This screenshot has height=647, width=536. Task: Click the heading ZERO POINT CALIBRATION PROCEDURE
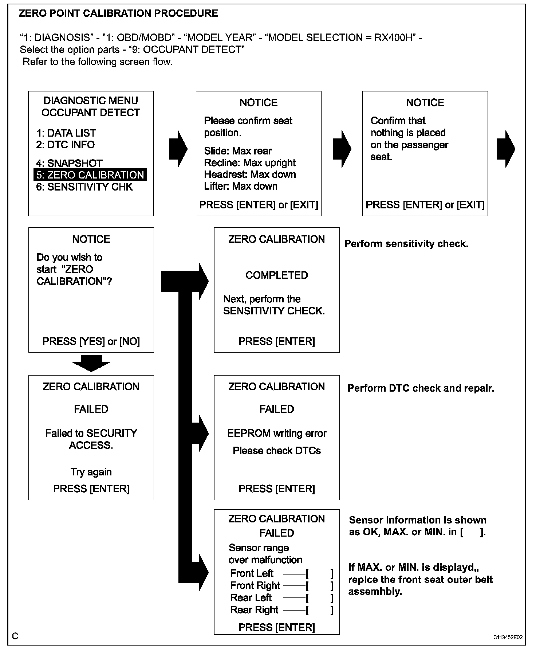[118, 14]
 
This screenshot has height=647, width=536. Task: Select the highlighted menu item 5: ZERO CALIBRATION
[90, 175]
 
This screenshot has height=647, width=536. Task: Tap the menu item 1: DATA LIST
[66, 133]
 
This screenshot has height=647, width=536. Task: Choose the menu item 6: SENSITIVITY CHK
[84, 187]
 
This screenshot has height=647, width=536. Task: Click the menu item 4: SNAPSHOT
[69, 163]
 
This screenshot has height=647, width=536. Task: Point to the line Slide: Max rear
[237, 151]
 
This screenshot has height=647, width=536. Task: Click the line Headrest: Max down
[250, 175]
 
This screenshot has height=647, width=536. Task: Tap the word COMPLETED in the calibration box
[276, 275]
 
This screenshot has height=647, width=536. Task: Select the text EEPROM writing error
[277, 433]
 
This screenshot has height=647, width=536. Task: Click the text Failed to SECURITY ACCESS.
[91, 439]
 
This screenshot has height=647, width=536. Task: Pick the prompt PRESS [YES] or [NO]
[91, 341]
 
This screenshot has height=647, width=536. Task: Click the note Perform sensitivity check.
[406, 244]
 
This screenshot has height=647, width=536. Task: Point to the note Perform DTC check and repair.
[421, 388]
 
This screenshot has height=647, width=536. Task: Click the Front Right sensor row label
[255, 585]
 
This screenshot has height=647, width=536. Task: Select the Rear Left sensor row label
[251, 597]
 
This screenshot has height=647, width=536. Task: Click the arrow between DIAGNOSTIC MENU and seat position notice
[178, 149]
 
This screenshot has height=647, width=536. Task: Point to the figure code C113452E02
[508, 637]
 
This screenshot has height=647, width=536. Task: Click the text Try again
[91, 472]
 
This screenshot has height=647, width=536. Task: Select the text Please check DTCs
[277, 451]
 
